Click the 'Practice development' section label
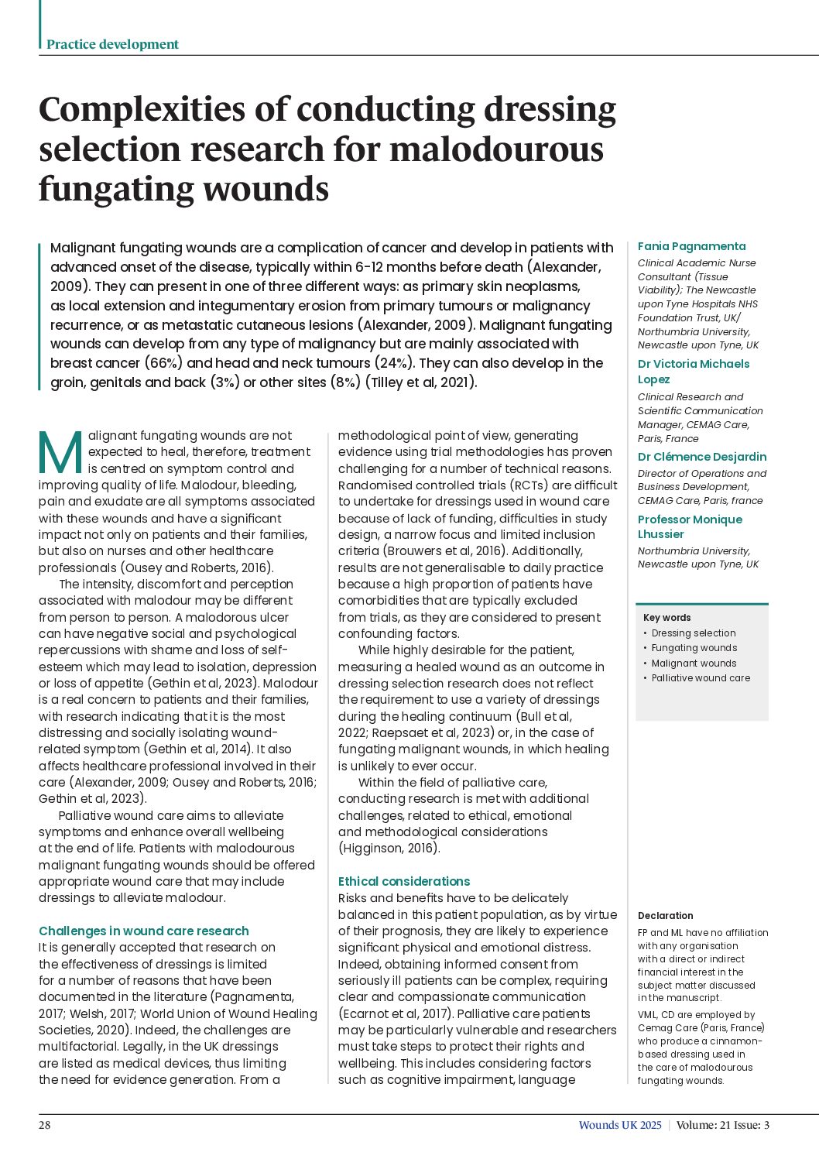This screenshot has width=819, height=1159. (x=112, y=44)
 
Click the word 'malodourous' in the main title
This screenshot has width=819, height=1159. (x=496, y=149)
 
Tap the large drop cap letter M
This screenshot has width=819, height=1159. (x=60, y=454)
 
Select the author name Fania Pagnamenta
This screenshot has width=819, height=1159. (x=691, y=246)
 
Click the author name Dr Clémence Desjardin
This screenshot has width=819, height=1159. (x=701, y=457)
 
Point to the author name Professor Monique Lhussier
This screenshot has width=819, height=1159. (x=690, y=526)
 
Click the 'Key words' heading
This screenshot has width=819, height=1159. (x=667, y=617)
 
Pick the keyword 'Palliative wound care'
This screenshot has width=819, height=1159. (x=701, y=677)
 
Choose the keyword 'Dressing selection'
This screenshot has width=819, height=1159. (x=694, y=633)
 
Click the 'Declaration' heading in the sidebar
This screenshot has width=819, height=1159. (x=665, y=915)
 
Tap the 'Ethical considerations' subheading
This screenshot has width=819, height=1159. (x=404, y=881)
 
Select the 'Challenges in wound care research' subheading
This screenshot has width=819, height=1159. (x=144, y=931)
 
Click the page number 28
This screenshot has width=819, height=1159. (x=45, y=1125)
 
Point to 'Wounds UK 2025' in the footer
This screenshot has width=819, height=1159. (x=620, y=1125)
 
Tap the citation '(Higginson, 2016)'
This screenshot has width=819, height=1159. (x=389, y=848)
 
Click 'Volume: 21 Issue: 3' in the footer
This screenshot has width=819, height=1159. (x=723, y=1125)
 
